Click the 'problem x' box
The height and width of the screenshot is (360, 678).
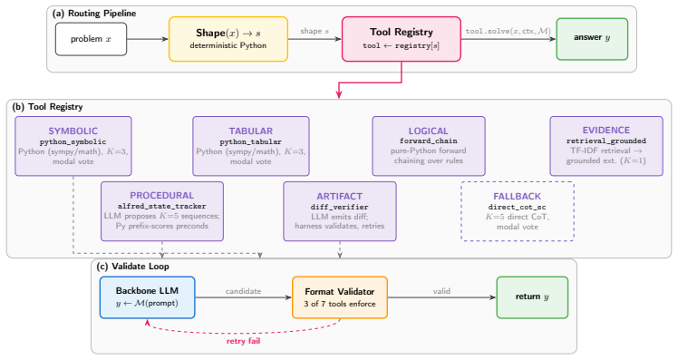click(x=91, y=39)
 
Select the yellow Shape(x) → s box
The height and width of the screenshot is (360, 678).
click(x=228, y=39)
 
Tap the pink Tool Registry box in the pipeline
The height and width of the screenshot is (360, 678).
click(x=402, y=39)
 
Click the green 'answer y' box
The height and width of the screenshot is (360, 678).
click(x=592, y=39)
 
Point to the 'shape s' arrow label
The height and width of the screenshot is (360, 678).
click(x=315, y=31)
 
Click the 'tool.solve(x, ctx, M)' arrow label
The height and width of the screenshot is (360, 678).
click(x=508, y=31)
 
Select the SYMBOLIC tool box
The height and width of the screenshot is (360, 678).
click(x=73, y=146)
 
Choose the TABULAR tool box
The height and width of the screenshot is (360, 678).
click(x=251, y=146)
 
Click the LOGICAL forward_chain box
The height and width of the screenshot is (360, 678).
click(x=429, y=146)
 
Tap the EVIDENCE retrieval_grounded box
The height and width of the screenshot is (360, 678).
click(x=606, y=146)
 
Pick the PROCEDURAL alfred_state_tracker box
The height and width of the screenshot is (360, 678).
click(x=162, y=211)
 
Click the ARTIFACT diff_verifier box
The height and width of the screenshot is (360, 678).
click(x=340, y=211)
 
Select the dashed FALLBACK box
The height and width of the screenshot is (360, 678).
click(x=518, y=211)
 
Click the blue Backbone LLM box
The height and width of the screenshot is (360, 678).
click(x=148, y=297)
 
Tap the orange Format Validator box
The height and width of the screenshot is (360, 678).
click(x=340, y=297)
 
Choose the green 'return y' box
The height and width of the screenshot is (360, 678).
click(x=532, y=297)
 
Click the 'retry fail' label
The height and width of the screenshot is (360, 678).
click(x=244, y=341)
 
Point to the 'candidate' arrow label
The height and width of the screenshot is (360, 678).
click(x=244, y=291)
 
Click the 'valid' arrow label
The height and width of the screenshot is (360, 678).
click(x=442, y=291)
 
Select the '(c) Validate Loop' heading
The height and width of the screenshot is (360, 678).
click(x=133, y=266)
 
